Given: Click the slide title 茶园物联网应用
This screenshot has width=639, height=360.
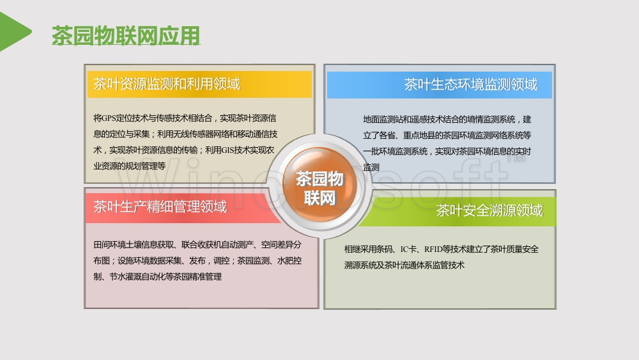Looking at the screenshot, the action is click(126, 35).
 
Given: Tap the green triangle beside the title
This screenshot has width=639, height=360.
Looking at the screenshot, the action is click(14, 31).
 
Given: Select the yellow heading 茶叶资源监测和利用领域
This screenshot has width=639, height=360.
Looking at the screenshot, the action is click(167, 84).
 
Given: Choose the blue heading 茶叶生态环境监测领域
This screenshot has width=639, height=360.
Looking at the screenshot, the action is click(471, 84).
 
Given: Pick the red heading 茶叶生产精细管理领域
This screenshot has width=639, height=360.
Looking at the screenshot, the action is click(160, 207).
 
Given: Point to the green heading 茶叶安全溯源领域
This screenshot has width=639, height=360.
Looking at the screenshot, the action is click(489, 210).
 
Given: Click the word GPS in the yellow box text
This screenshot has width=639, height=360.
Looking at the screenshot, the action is click(109, 118).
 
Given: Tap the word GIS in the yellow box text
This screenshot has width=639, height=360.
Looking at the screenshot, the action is click(228, 150).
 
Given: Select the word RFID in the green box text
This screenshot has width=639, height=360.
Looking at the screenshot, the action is click(433, 249).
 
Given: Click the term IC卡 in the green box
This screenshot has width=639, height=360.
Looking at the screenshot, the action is click(408, 249).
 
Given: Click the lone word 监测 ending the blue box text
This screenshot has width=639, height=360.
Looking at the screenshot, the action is click(371, 167).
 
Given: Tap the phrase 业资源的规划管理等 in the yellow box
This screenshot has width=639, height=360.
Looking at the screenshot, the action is click(130, 166).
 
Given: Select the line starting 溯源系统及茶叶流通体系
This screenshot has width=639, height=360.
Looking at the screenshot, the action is click(404, 265).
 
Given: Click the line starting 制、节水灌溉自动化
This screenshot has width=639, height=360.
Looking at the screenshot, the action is click(158, 276).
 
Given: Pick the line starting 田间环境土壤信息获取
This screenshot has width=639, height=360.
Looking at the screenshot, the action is click(197, 245).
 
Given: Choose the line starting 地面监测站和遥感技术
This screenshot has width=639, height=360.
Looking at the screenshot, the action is click(447, 120).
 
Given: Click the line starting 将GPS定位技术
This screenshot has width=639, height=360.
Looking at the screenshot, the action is click(185, 118).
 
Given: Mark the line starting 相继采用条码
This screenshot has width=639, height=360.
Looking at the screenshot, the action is click(442, 249).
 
